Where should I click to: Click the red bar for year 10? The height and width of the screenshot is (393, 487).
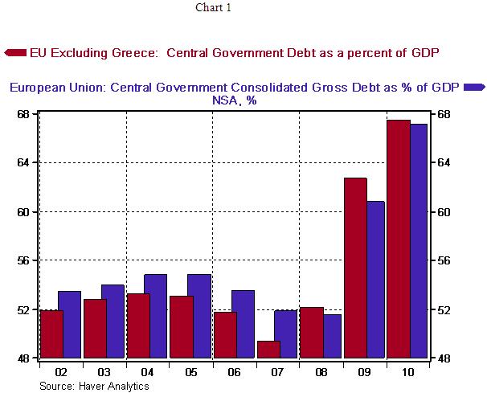click(399, 239)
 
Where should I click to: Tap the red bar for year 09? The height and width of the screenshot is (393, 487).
click(355, 268)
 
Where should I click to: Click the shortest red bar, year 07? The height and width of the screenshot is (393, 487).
click(268, 350)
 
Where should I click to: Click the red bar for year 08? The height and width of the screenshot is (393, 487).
click(311, 333)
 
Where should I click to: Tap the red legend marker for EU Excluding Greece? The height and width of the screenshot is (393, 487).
click(15, 53)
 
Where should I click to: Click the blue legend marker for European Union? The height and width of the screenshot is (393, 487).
click(474, 87)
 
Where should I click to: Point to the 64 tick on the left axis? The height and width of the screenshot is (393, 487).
click(24, 162)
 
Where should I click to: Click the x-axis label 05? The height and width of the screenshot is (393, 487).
click(190, 373)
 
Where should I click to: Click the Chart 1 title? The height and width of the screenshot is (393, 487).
click(212, 8)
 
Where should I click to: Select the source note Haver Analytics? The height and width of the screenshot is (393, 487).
click(94, 386)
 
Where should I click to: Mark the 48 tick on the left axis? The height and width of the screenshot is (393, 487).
click(24, 358)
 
